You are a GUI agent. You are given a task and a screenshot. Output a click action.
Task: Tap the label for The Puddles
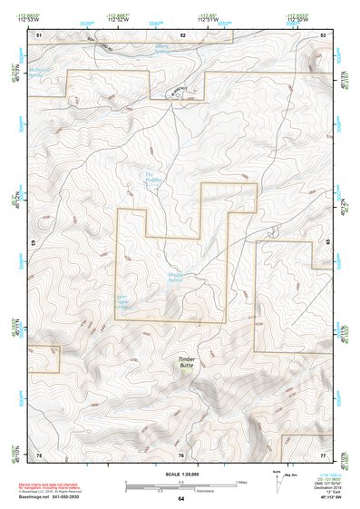pos(151,177)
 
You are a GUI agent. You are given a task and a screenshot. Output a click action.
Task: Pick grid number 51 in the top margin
pos(39,34)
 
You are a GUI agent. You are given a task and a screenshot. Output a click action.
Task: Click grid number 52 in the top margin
pos(182,34)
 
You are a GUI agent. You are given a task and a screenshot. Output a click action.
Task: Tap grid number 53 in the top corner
pos(323,34)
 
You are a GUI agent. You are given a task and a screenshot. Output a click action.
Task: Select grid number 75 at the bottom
pos(39,454)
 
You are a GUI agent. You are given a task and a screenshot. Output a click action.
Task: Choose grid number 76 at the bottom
pos(180,454)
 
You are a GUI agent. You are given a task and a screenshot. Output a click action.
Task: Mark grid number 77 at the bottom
pos(322,454)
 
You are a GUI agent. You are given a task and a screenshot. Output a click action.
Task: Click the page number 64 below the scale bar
pos(180,498)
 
